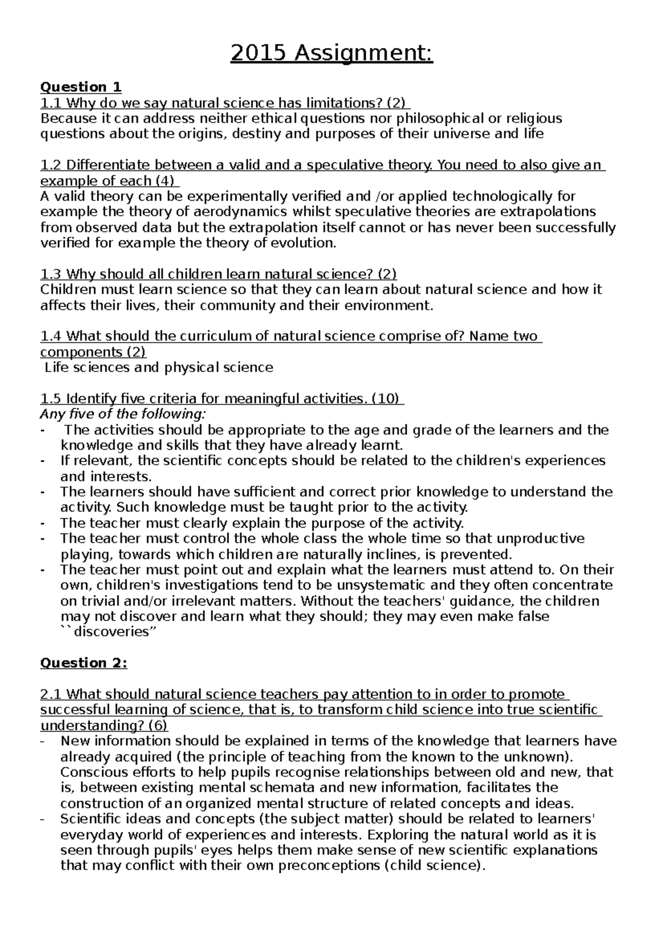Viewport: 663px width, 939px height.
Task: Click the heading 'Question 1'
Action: pos(81,87)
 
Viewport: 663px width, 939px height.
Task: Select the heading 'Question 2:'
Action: pos(83,663)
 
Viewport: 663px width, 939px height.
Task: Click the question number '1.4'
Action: pos(51,336)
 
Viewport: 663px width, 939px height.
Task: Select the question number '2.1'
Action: pos(51,694)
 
